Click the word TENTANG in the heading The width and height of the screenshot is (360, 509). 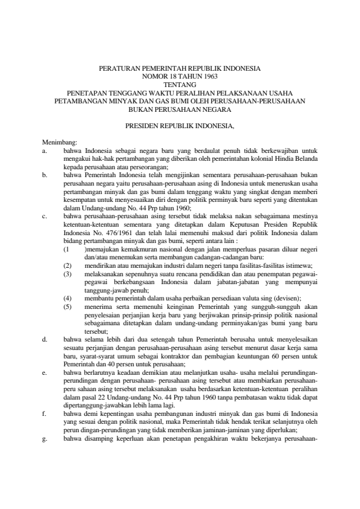(180, 85)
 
